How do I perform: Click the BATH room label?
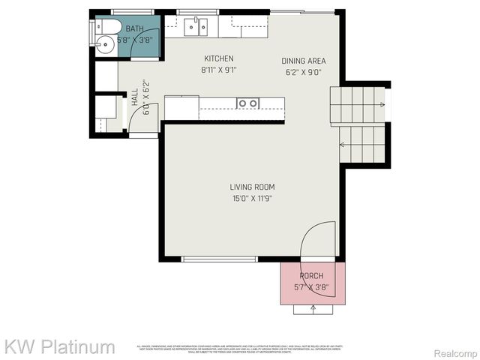tap(135, 29)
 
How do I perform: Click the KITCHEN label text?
tap(219, 58)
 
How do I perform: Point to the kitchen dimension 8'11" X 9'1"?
tap(219, 70)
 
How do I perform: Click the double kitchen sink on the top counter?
tap(197, 28)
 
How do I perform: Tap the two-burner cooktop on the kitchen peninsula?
tap(248, 103)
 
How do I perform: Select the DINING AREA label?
tap(304, 61)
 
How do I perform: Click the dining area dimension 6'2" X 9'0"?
tap(304, 73)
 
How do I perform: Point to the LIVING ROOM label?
tap(252, 187)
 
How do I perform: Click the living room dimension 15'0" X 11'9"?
tap(252, 199)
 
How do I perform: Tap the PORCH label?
tap(311, 276)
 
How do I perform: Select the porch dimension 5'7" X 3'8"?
tap(312, 286)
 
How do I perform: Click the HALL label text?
tap(135, 97)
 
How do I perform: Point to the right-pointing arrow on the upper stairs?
tap(379, 104)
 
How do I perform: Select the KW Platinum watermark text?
tap(60, 346)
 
